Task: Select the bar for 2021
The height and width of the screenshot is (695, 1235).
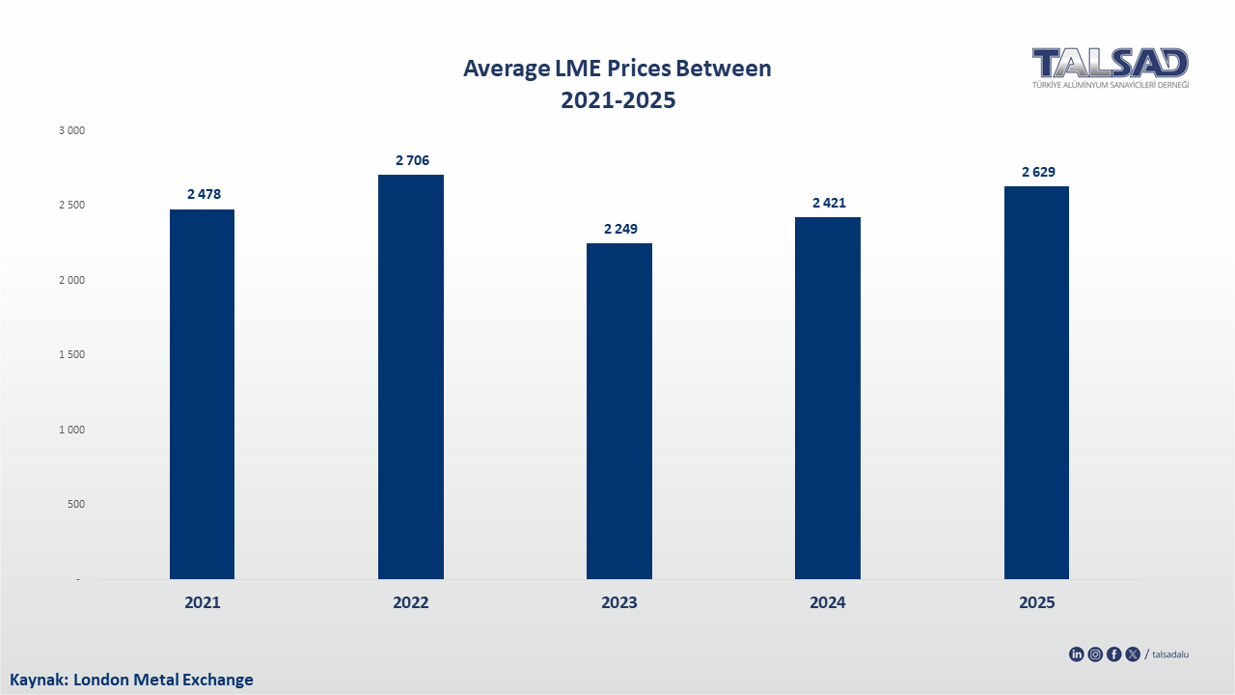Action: pos(202,394)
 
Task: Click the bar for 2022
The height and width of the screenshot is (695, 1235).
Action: pos(411,376)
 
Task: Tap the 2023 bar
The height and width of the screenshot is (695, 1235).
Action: pos(619,411)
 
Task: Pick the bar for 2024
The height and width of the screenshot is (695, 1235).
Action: pos(828,398)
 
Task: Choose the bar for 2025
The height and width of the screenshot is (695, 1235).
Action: pos(1036,382)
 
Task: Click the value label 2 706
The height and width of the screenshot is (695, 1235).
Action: pos(412,160)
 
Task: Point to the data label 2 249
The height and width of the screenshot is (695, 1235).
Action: pos(620,229)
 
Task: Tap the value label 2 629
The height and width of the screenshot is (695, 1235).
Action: pos(1038,172)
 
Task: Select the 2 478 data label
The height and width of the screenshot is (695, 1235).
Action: pos(204,194)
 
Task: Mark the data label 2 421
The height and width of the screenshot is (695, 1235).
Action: pos(829,203)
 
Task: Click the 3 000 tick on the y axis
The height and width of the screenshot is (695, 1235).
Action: pos(72,130)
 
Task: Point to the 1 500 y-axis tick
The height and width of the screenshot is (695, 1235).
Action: pos(72,354)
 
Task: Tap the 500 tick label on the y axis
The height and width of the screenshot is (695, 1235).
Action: pos(75,504)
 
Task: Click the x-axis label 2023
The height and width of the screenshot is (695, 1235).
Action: pos(619,602)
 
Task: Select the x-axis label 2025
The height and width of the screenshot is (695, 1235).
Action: pos(1037,602)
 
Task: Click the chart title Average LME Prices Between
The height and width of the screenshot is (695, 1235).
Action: pos(617,69)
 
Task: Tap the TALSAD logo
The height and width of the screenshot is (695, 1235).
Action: pos(1110,67)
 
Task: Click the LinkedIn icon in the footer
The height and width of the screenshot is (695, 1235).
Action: pos(1077,654)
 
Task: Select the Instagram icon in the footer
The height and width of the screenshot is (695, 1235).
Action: pos(1095,654)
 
